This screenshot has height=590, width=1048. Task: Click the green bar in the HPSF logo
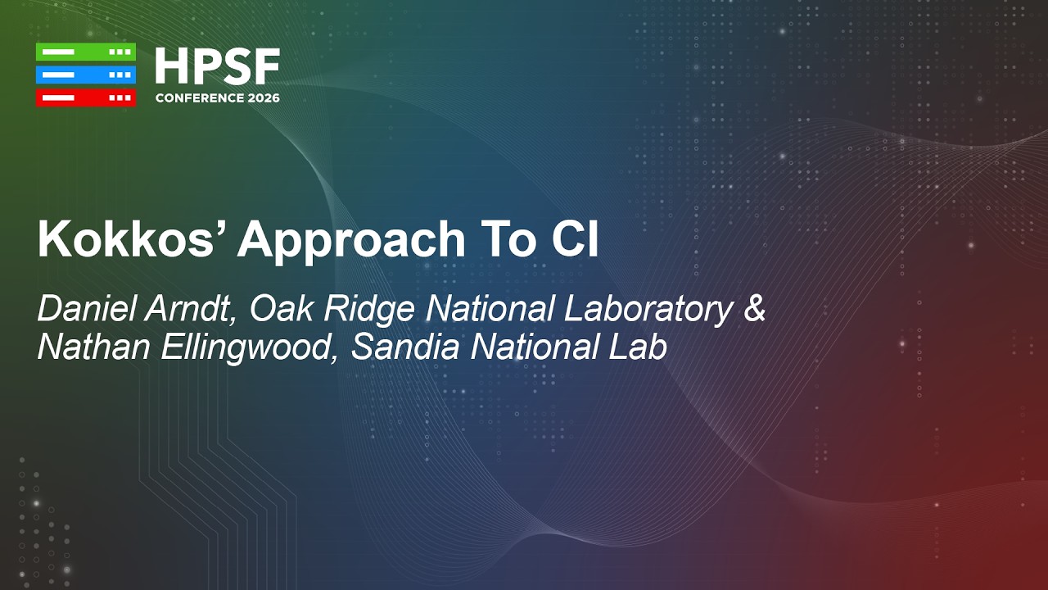pyautogui.click(x=85, y=52)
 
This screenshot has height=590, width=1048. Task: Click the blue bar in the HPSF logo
pyautogui.click(x=85, y=75)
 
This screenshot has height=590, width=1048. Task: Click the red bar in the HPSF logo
pyautogui.click(x=85, y=98)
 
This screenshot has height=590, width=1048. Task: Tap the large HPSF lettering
pyautogui.click(x=217, y=66)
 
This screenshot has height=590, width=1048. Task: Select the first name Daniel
pyautogui.click(x=88, y=309)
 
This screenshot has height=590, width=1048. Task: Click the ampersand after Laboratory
pyautogui.click(x=754, y=310)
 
